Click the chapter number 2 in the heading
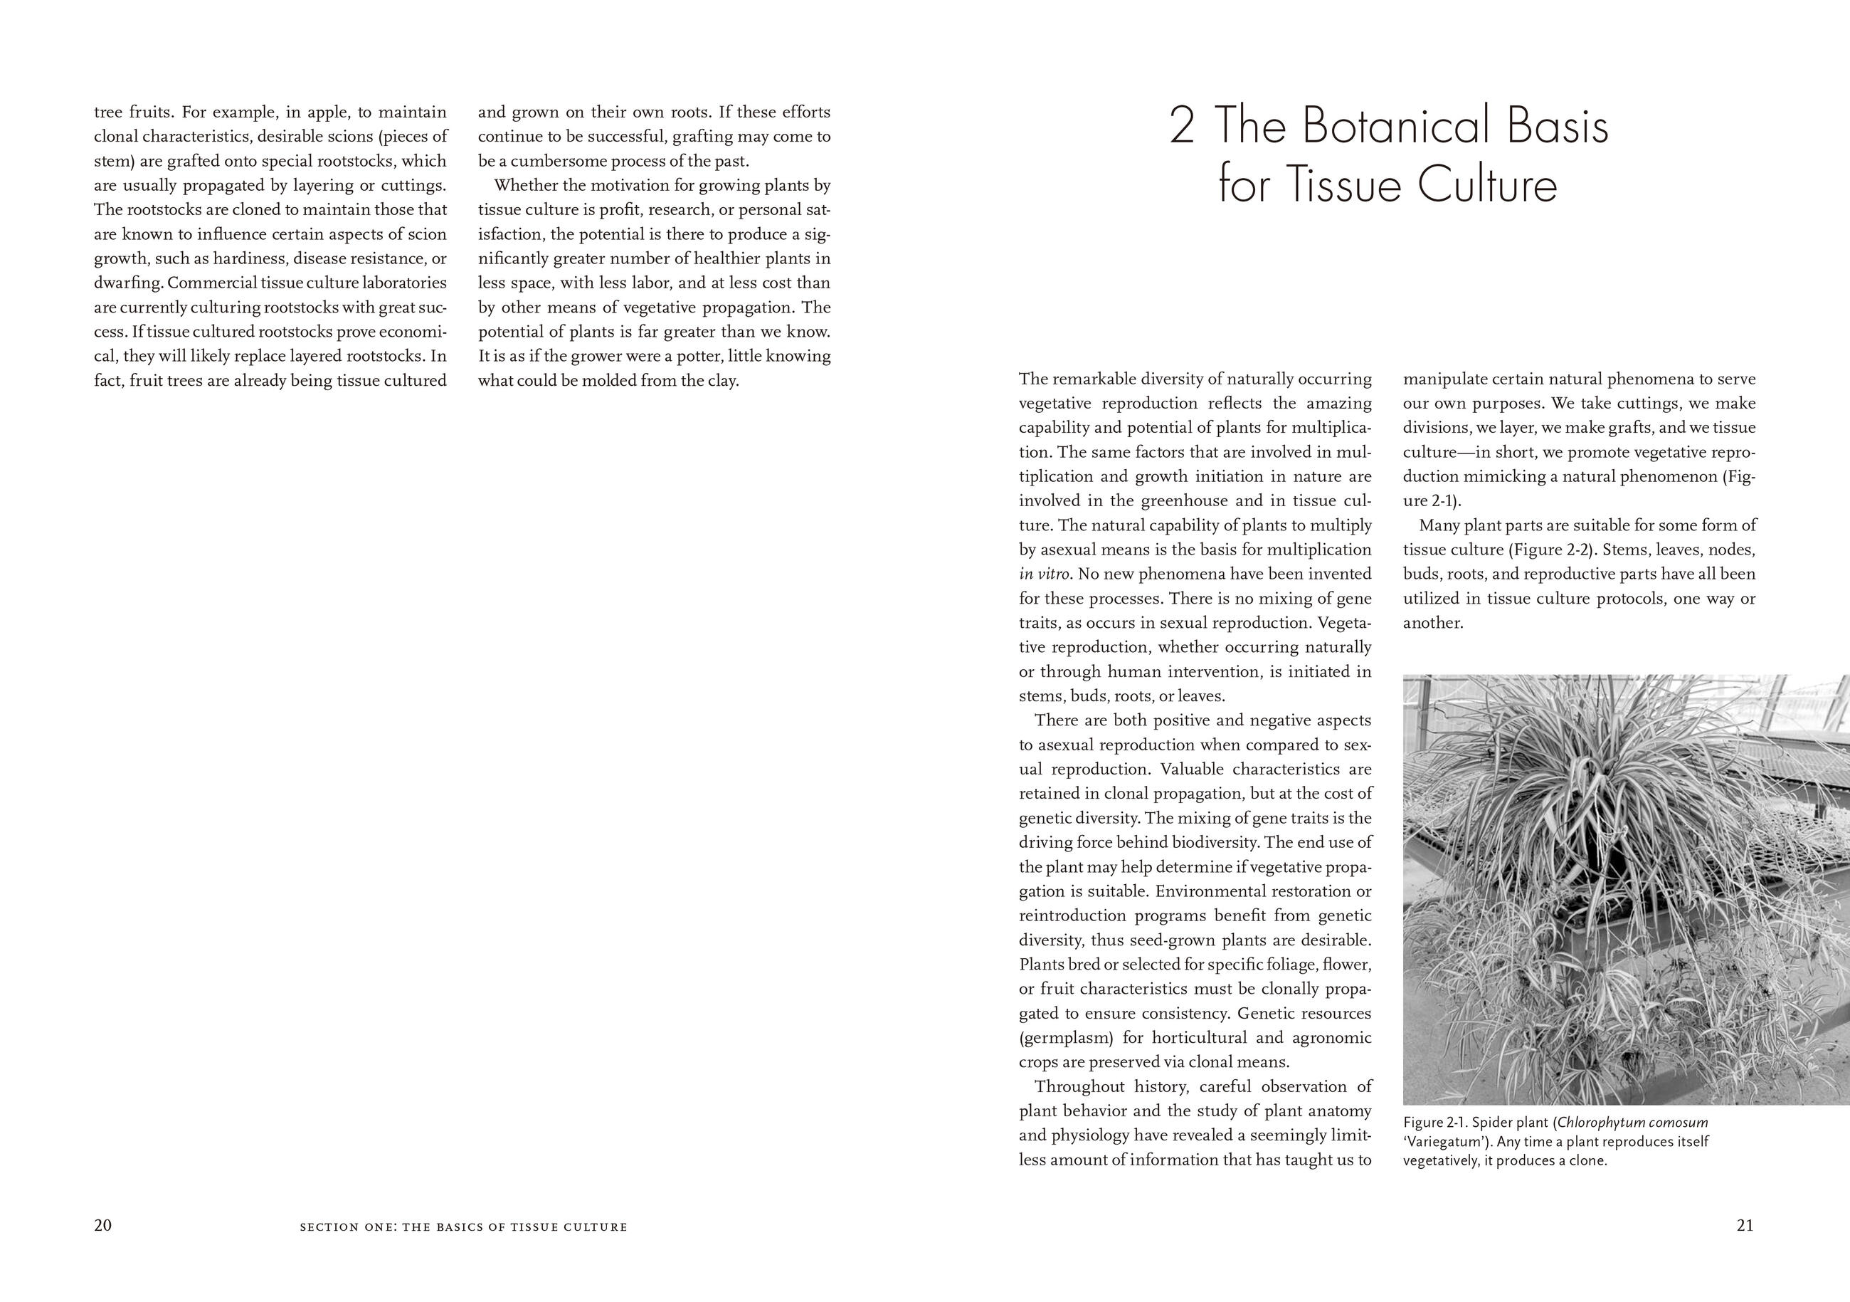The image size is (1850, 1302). (1181, 127)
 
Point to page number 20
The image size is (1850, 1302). (103, 1225)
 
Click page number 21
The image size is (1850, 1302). (1745, 1225)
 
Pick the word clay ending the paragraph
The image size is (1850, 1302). (722, 381)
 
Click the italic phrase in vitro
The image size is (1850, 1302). (1045, 574)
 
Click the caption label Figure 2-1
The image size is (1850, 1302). (1434, 1122)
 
